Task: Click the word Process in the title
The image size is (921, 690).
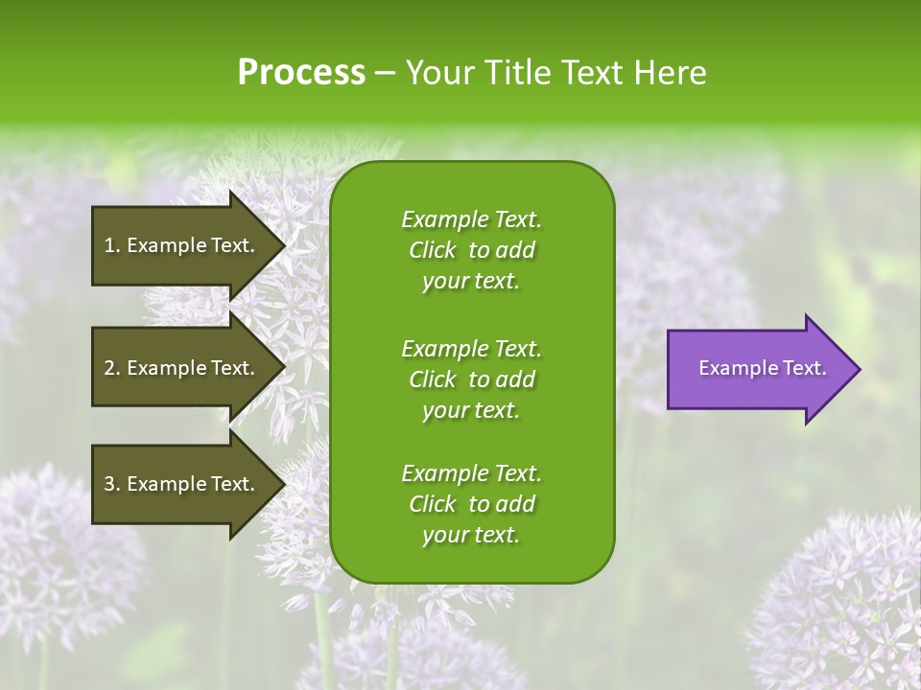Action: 301,73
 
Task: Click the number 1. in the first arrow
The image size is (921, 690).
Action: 111,245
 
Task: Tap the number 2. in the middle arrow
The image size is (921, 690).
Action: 111,368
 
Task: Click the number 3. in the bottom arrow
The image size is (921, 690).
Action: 111,484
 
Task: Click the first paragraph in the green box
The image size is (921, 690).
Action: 471,250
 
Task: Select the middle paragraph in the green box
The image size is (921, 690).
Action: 471,379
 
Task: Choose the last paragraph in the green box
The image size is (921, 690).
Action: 471,504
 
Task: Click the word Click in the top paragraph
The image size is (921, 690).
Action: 433,250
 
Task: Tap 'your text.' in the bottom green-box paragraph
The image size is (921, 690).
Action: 471,536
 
